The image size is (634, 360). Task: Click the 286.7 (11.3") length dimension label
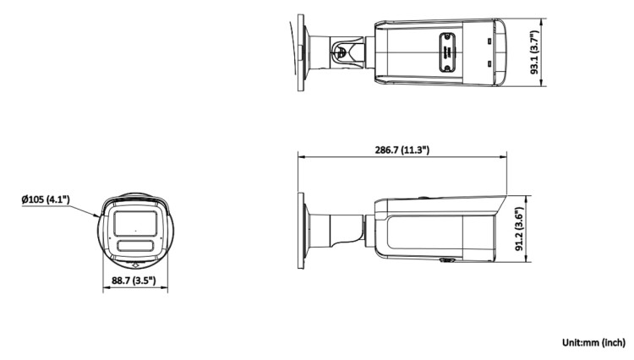click(x=402, y=150)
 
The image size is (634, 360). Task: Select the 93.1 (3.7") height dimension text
click(x=535, y=52)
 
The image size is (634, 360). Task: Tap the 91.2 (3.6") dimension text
click(x=520, y=229)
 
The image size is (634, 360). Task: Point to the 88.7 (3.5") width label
click(x=134, y=280)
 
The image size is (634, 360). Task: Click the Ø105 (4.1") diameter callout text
click(x=46, y=199)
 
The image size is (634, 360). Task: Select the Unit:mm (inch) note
click(x=593, y=342)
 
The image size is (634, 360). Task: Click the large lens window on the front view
click(x=135, y=223)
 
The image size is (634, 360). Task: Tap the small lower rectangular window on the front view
click(x=135, y=246)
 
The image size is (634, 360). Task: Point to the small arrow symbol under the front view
click(x=135, y=265)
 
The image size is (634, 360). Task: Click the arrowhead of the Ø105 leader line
click(x=97, y=215)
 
